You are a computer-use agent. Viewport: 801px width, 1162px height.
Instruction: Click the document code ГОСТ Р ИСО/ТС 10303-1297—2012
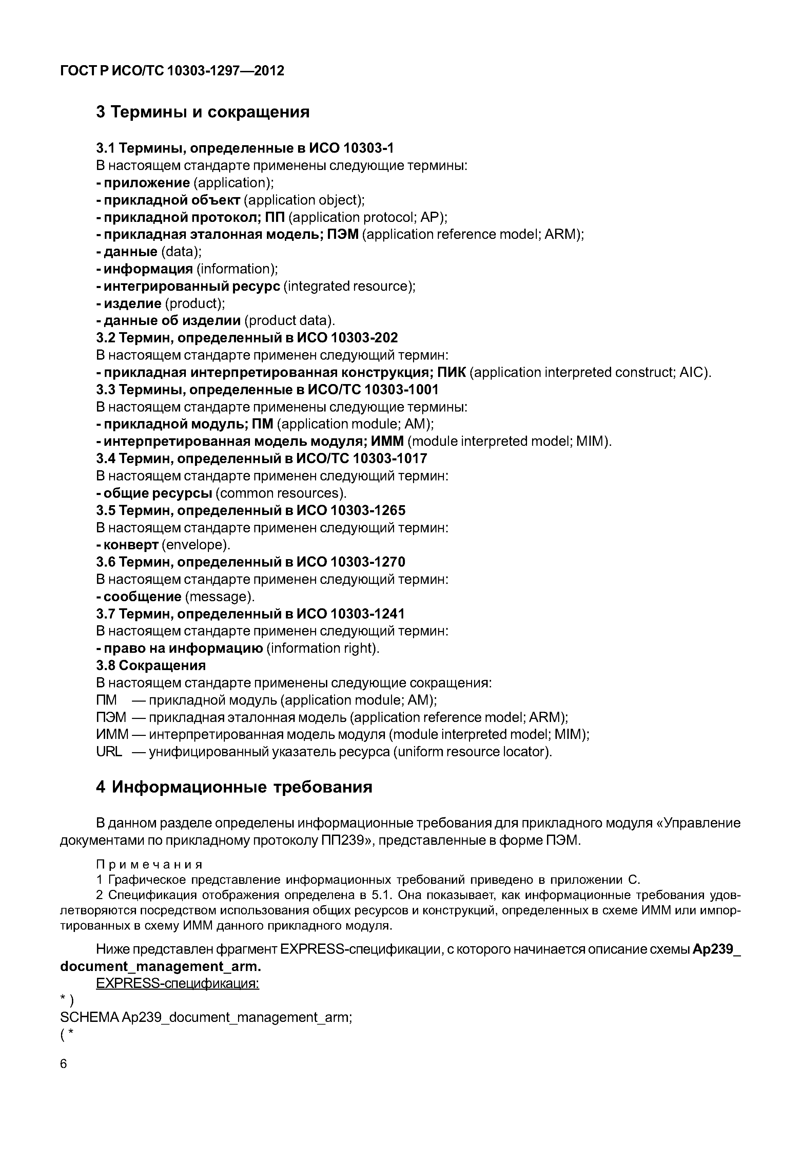click(x=172, y=71)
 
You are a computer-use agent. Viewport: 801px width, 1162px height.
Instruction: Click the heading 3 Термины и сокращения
click(x=203, y=112)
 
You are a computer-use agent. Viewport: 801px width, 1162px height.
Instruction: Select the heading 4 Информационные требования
click(x=234, y=786)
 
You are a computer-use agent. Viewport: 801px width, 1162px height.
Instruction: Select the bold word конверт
click(x=131, y=545)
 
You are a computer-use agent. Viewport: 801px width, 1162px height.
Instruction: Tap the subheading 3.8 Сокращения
click(x=151, y=665)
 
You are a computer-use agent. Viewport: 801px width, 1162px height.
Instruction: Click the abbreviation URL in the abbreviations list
click(x=109, y=752)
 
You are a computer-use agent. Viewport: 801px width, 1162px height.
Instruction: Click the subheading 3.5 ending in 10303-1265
click(x=251, y=510)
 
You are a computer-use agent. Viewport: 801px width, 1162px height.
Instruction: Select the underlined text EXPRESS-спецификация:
click(x=178, y=983)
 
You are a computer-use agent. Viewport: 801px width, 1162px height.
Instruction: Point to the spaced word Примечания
click(x=150, y=864)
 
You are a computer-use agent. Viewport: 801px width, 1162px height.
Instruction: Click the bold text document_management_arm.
click(x=161, y=966)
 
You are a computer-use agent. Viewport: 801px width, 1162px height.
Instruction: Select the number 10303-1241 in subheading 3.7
click(x=367, y=614)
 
